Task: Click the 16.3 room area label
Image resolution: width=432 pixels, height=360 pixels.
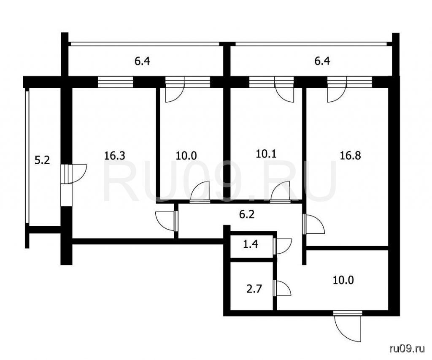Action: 115,156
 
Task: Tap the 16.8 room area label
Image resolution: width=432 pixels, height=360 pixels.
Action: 350,156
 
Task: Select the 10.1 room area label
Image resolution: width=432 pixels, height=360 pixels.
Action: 266,154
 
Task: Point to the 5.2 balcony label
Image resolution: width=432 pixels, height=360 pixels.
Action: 42,160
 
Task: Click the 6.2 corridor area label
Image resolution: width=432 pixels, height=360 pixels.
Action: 247,214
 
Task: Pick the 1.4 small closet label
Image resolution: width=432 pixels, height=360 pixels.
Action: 251,244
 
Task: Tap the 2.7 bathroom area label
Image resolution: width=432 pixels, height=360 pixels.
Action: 254,290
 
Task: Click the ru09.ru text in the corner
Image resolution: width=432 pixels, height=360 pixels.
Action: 407,349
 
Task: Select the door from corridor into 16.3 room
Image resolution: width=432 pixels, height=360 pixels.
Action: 165,221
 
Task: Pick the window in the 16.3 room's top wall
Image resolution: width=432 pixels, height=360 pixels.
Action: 116,82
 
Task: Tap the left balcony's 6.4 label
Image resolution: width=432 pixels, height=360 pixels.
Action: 142,61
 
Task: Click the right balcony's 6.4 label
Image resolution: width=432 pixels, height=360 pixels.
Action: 322,61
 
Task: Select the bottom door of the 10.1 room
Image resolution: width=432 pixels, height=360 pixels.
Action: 281,192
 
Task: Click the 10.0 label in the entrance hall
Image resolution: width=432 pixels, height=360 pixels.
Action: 343,280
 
